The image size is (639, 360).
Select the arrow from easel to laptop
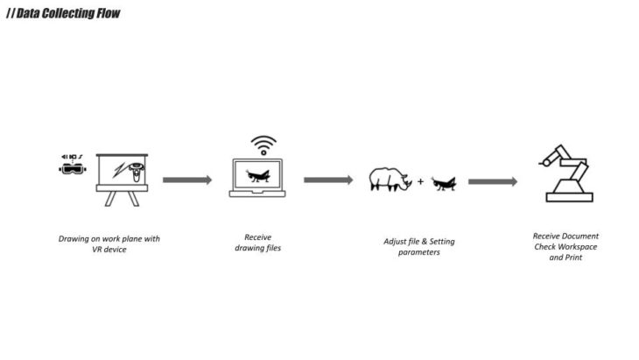pos(187,180)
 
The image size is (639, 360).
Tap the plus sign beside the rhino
pos(420,181)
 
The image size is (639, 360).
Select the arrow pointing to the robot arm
pos(492,181)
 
